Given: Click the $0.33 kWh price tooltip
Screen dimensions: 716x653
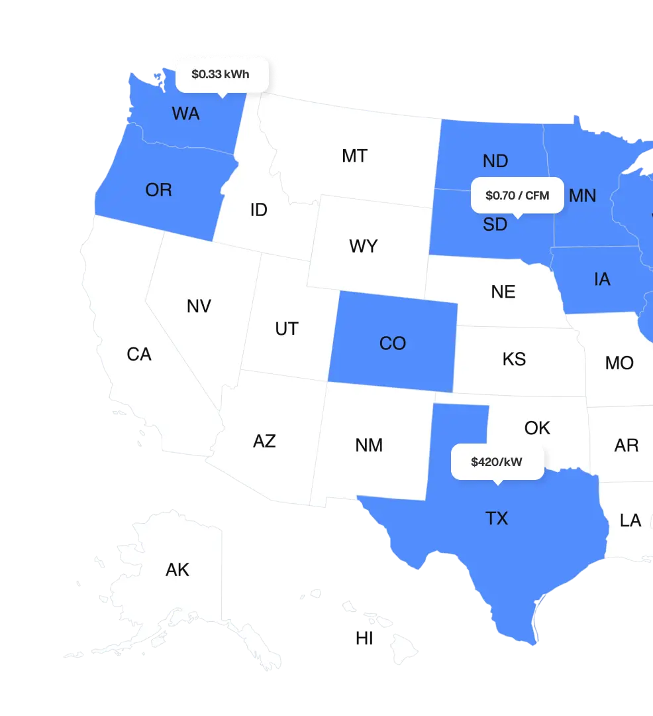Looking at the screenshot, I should click(221, 74).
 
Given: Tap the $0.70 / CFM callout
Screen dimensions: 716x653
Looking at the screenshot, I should click(517, 196).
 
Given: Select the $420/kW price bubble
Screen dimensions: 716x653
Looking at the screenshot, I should click(497, 462).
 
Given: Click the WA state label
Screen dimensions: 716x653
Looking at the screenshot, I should click(185, 113).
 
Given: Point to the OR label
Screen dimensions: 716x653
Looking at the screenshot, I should click(158, 190).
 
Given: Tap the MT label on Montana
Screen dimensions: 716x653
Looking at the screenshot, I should click(354, 156).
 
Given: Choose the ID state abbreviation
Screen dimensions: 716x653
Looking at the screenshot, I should click(258, 210).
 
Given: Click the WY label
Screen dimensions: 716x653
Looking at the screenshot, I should click(363, 247).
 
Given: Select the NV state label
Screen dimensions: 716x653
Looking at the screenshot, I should click(199, 306).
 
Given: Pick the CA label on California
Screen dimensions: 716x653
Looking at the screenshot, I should click(139, 355).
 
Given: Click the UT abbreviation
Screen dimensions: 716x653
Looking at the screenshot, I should click(286, 329).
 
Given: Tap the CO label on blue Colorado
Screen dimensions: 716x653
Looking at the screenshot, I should click(392, 343).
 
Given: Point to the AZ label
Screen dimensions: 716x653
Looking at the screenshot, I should click(264, 441).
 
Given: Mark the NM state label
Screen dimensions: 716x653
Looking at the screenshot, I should click(369, 445).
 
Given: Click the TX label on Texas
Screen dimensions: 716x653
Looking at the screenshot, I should click(497, 518).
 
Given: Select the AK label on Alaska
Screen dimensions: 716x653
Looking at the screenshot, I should click(177, 569).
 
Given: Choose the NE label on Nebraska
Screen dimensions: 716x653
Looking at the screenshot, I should click(503, 292).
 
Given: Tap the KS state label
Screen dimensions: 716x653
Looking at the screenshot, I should click(514, 359).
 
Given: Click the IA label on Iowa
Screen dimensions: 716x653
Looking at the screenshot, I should click(602, 279).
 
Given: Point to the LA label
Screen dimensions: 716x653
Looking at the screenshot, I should click(630, 520).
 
